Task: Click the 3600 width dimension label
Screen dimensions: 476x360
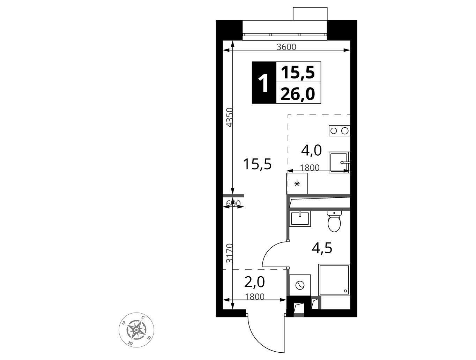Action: (286, 47)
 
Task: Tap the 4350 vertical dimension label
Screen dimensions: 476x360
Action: (229, 117)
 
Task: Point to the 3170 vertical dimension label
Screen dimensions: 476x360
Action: (229, 253)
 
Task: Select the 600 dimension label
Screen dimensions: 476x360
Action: (233, 203)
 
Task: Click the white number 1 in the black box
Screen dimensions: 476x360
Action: (263, 82)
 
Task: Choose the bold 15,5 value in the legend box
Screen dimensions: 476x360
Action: (298, 73)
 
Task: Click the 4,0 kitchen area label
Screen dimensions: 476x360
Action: (311, 150)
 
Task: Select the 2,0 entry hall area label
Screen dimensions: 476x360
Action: (254, 282)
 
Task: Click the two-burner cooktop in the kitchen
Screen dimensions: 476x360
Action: (339, 131)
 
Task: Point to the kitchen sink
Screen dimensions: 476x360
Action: (339, 162)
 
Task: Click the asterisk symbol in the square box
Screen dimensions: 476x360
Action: (297, 184)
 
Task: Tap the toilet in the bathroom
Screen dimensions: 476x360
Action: (334, 221)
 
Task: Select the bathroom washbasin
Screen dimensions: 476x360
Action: (300, 219)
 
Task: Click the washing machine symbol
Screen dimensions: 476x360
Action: (300, 285)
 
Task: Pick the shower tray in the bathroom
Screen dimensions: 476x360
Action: (334, 279)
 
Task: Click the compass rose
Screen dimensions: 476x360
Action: (136, 330)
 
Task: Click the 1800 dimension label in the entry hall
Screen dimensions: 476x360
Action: (255, 297)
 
